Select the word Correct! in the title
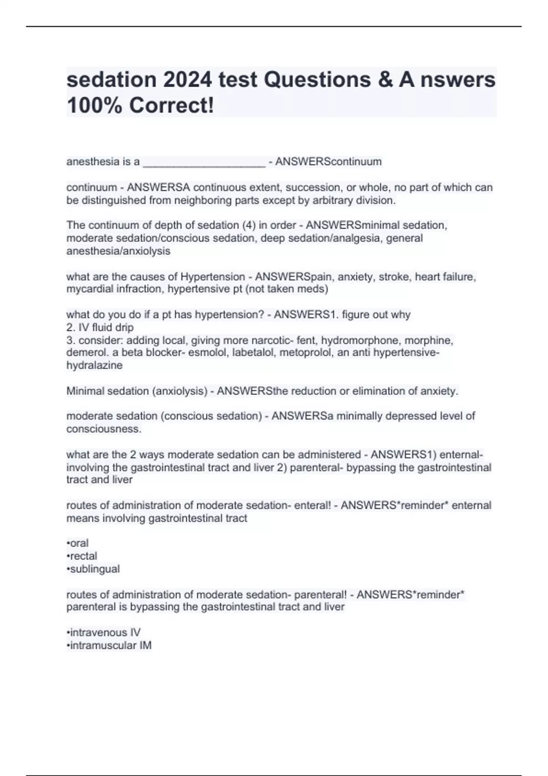click(x=171, y=106)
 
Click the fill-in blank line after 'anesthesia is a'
click(x=204, y=163)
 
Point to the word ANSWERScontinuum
click(x=328, y=162)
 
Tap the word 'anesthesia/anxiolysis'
click(x=118, y=251)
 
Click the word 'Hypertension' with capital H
click(x=213, y=277)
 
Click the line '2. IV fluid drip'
click(x=100, y=327)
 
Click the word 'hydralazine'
click(x=94, y=365)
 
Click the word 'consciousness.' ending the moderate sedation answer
click(x=104, y=429)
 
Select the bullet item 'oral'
click(x=79, y=543)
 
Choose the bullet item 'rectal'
click(x=83, y=556)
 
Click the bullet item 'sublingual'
click(x=94, y=569)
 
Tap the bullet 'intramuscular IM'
click(x=110, y=645)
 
